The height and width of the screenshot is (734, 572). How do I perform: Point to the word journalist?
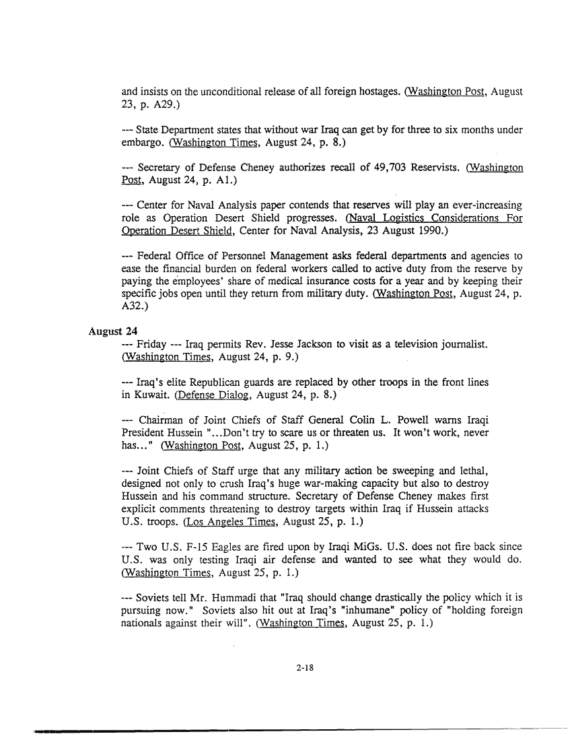[463, 344]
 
